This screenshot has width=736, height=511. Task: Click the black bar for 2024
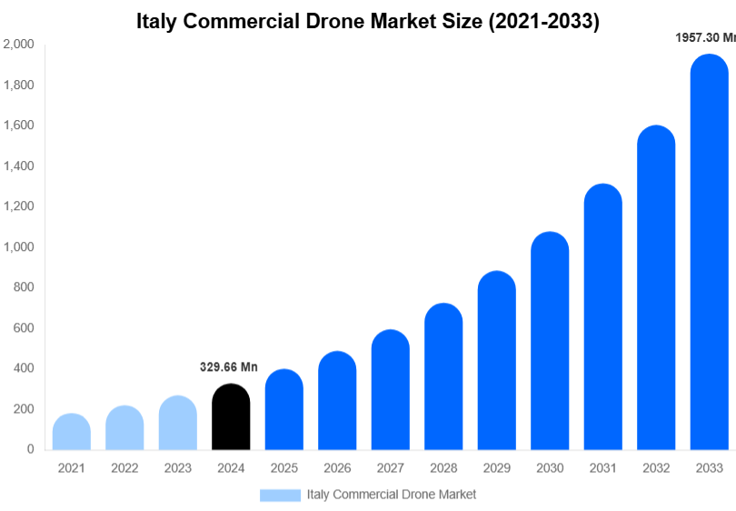(x=231, y=418)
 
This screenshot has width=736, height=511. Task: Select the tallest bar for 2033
(x=709, y=255)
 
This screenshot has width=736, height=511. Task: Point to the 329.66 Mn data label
(x=229, y=367)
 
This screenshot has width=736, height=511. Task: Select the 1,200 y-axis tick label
(x=18, y=206)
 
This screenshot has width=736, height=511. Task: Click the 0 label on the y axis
(x=30, y=449)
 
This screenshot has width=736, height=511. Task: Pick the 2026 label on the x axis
(x=337, y=468)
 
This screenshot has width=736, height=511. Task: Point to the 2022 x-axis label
(x=124, y=468)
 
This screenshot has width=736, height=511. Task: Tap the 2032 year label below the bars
(x=656, y=468)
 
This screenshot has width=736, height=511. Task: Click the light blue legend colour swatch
(x=280, y=495)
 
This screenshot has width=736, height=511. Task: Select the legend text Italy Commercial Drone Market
(x=392, y=495)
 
